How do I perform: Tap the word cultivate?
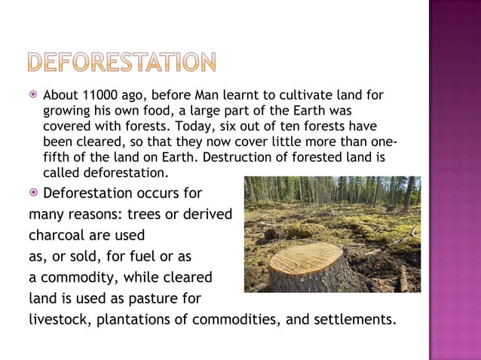coord(296,96)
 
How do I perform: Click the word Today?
coord(219,125)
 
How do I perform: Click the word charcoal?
coord(58,233)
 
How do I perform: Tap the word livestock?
coord(58,319)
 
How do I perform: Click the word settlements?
coord(352,319)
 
